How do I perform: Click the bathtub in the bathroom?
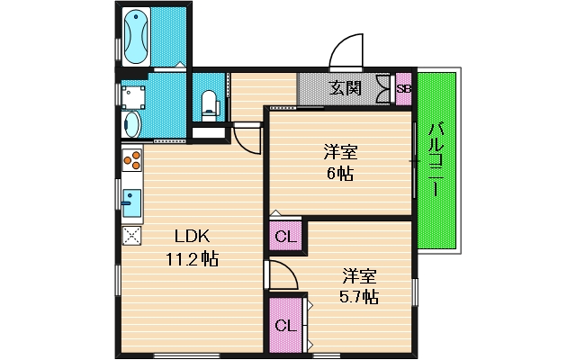pos(136,36)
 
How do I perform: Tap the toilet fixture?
pos(210,106)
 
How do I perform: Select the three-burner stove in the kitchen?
pos(132,160)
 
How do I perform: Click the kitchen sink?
pos(131,202)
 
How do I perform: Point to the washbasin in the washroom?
pos(132,124)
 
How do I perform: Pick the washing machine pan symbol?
pos(133,97)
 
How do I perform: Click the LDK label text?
pos(192,237)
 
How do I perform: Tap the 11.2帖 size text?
pos(192,259)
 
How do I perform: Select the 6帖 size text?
pos(340,174)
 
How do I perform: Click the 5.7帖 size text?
pos(359,296)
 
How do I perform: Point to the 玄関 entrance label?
pos(345,88)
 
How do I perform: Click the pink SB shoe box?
pos(404,89)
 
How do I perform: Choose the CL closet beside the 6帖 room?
pos(285,236)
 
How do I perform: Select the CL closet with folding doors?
pos(285,325)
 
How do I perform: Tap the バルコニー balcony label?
pos(436,159)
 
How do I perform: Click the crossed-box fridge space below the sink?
pos(132,236)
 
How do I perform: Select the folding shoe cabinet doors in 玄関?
pos(384,89)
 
